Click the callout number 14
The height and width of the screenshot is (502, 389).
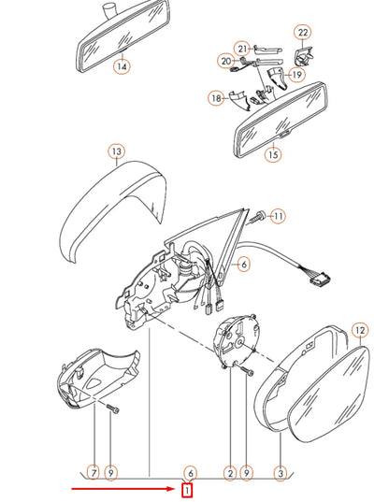tap(122, 66)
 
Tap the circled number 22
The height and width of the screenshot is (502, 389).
tap(302, 33)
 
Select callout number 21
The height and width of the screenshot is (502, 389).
tap(241, 48)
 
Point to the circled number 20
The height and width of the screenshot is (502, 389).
tap(225, 61)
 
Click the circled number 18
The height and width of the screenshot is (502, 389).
tap(216, 97)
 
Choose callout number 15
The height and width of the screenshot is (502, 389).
tap(273, 155)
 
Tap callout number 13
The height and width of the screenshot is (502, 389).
tap(116, 151)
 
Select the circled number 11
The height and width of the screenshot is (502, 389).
tap(278, 217)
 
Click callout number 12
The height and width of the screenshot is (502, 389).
tap(360, 330)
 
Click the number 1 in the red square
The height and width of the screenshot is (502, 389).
tap(188, 490)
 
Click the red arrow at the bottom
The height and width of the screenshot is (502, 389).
tap(122, 489)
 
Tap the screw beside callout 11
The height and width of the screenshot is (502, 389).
tap(256, 216)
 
